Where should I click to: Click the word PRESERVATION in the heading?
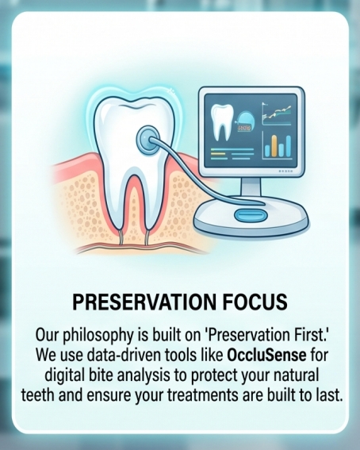point(144,302)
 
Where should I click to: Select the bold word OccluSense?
point(266,355)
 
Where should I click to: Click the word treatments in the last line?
point(203,395)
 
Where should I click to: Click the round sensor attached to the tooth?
point(147,140)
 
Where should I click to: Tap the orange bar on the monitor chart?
point(274,146)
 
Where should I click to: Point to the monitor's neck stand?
point(251,187)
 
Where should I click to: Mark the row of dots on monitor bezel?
point(285,171)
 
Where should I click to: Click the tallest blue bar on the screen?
point(288,146)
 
